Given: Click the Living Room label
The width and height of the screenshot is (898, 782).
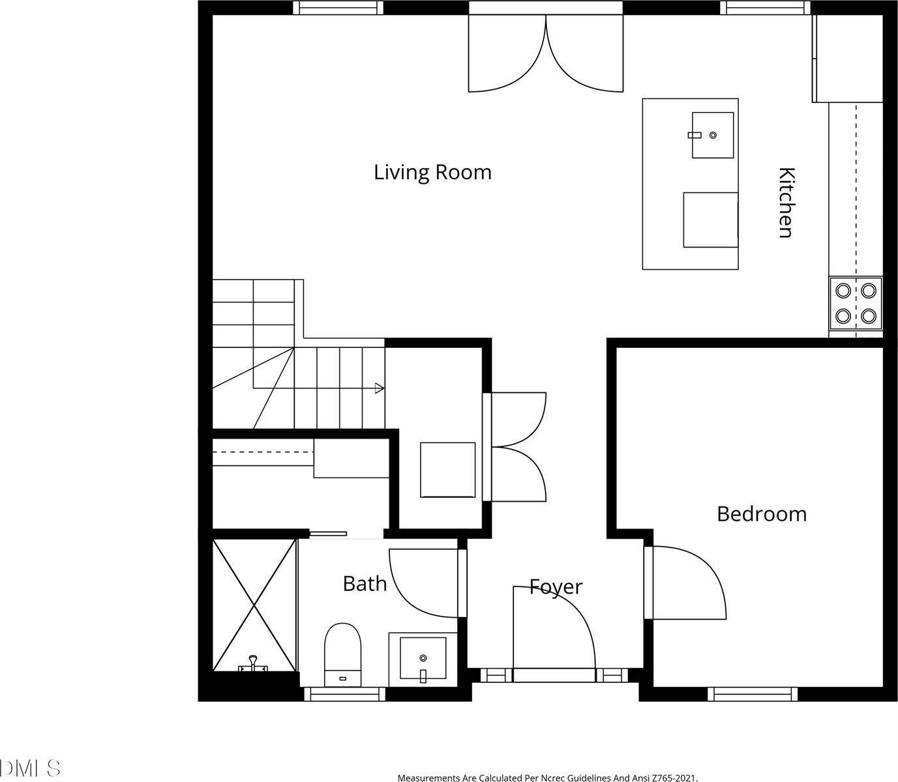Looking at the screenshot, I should pos(432,172).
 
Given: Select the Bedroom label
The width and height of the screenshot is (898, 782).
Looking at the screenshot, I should pos(761,514).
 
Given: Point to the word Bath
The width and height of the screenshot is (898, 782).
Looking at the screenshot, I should pos(365,583).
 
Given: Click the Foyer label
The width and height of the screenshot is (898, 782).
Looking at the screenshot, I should pos(556,586).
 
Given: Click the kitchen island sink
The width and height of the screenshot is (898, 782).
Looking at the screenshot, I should pos(712,135).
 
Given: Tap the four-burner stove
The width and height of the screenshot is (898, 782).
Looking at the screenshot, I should pos(855,303).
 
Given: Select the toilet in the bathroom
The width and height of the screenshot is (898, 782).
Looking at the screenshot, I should pos(342,654).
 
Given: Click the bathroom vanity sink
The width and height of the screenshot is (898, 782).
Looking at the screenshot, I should pos(423,659).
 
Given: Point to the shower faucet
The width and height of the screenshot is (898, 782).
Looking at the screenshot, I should pos(253,664).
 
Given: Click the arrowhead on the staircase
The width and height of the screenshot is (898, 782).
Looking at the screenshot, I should pos(380,388).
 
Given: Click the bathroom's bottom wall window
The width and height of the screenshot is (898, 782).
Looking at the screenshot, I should pos(345,694).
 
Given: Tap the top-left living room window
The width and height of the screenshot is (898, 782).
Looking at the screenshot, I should pos(337,8).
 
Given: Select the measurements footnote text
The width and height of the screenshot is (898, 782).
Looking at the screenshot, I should pos(547,777).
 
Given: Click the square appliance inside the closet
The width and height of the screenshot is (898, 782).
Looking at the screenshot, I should pos(447,470).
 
